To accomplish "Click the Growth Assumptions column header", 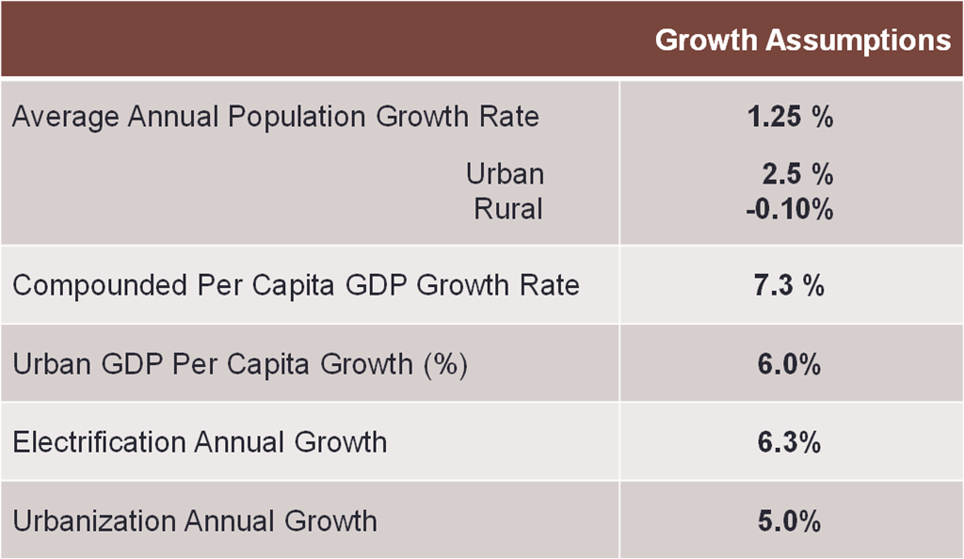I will coord(802,40).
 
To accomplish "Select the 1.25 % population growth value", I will coord(790,118).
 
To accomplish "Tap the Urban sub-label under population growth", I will coord(505,174).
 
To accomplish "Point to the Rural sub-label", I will coord(508,208).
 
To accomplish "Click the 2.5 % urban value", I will coord(797,174).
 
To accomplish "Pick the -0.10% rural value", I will coord(789,208).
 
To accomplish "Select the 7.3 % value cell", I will coord(790,285).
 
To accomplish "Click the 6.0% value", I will coord(789,364).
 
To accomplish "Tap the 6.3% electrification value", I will coord(789,441).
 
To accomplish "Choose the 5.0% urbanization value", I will coord(789,520).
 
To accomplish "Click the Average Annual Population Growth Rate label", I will coord(276,118).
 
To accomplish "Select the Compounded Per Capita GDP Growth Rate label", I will coord(296,285).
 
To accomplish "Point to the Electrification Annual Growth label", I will coord(200,441).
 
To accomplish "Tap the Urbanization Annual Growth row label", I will coord(195,520).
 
